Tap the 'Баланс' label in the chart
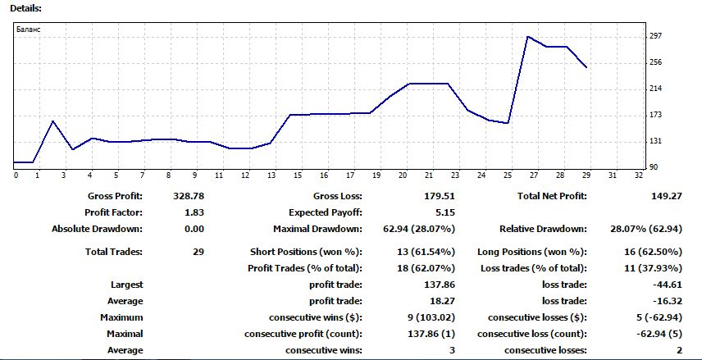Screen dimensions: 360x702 click(28, 30)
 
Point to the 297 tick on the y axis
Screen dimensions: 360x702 click(655, 36)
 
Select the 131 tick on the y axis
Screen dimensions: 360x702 click(655, 141)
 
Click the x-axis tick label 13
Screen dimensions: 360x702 click(271, 175)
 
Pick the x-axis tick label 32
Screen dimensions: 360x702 click(638, 175)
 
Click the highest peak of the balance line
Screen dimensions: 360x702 click(527, 36)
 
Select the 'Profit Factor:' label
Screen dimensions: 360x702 click(114, 212)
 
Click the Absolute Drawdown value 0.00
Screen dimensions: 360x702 click(194, 229)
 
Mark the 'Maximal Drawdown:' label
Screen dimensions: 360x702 click(317, 229)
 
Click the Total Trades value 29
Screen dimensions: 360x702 click(198, 252)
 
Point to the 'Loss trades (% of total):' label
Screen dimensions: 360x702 click(532, 268)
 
